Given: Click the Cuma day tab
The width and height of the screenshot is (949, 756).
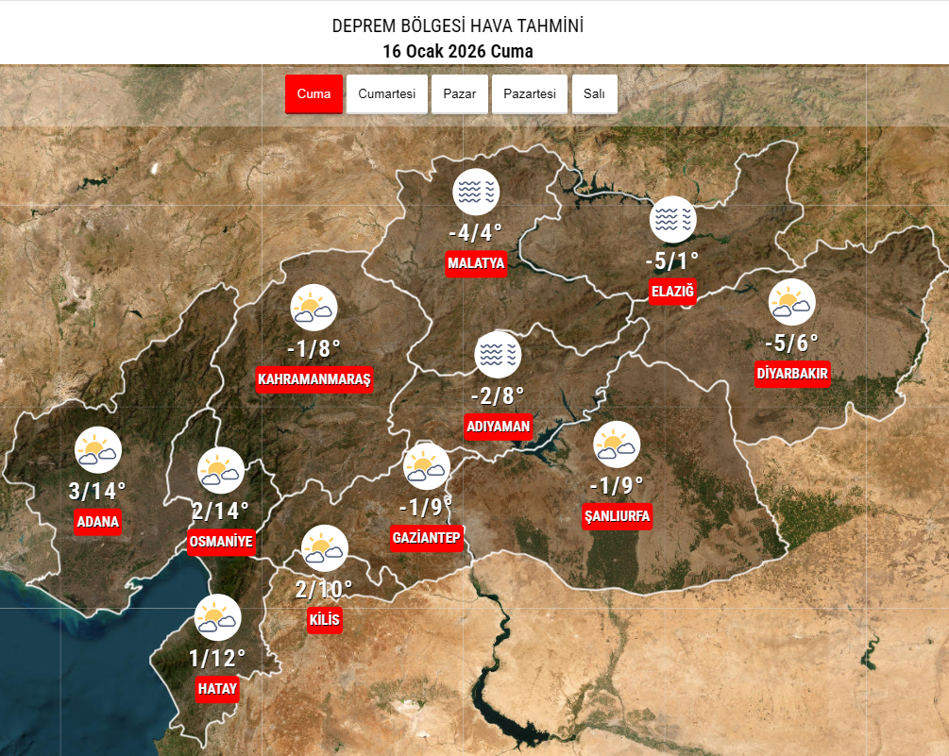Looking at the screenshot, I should click(x=314, y=94).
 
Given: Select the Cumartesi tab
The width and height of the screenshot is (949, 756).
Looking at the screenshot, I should click(x=387, y=94).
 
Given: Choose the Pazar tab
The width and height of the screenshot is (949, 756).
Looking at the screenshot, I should click(x=460, y=94).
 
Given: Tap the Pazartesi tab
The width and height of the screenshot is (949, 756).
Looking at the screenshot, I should click(x=529, y=94).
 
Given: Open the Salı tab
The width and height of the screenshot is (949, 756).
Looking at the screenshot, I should click(x=594, y=94).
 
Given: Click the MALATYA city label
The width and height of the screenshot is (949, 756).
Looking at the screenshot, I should click(x=476, y=263).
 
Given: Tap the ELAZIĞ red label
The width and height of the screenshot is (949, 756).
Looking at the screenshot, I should click(x=672, y=292).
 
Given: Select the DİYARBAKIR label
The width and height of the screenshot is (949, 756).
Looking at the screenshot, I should click(x=792, y=374).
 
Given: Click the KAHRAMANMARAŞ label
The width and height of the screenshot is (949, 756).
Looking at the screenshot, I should click(x=315, y=379).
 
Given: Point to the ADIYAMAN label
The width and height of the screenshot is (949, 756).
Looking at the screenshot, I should click(x=499, y=427).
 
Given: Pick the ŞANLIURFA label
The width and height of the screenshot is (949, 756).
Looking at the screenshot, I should click(x=618, y=516).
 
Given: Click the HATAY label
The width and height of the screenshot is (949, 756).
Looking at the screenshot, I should click(x=217, y=690).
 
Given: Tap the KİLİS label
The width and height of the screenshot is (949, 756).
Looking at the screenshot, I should click(x=324, y=620).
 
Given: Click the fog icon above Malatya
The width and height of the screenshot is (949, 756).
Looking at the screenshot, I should click(x=476, y=192).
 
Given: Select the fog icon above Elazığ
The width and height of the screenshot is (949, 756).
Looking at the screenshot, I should click(x=672, y=220).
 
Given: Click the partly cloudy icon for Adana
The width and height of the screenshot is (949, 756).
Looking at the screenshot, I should click(x=98, y=450).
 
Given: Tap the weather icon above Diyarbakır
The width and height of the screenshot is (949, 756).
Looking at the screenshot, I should click(x=792, y=303).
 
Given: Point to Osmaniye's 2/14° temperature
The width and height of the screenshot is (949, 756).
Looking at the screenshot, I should click(x=220, y=512).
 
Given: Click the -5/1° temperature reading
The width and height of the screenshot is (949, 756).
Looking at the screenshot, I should click(x=672, y=261).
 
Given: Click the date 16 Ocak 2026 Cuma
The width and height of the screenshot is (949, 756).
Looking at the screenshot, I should click(x=465, y=51).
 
